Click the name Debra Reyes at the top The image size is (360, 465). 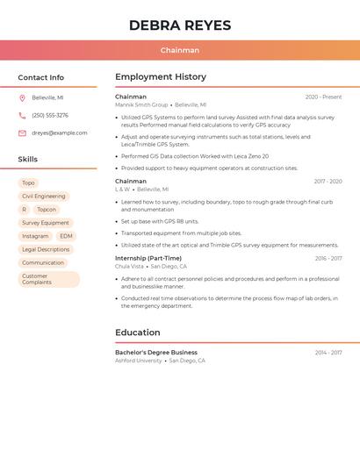point(180,25)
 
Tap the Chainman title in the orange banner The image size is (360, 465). point(180,50)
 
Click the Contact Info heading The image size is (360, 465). point(40,77)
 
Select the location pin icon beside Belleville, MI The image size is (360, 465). point(22,98)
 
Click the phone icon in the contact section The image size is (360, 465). point(22,116)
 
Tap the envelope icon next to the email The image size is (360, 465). point(22,133)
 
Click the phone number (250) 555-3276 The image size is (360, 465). point(50,116)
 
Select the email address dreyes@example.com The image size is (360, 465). point(60,133)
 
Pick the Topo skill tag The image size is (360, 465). point(29,183)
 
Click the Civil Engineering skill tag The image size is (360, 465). point(44,197)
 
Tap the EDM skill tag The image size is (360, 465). point(66,236)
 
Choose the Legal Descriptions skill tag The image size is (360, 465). point(46,249)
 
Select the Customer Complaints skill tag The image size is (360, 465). point(37,279)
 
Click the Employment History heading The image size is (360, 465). point(161,77)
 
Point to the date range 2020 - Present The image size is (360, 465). point(323,97)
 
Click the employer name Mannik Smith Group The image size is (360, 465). point(141,105)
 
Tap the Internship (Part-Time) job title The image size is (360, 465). point(148,259)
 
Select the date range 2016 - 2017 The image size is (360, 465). point(328,259)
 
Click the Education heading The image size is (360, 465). point(138,333)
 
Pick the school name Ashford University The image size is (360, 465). point(139,361)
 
